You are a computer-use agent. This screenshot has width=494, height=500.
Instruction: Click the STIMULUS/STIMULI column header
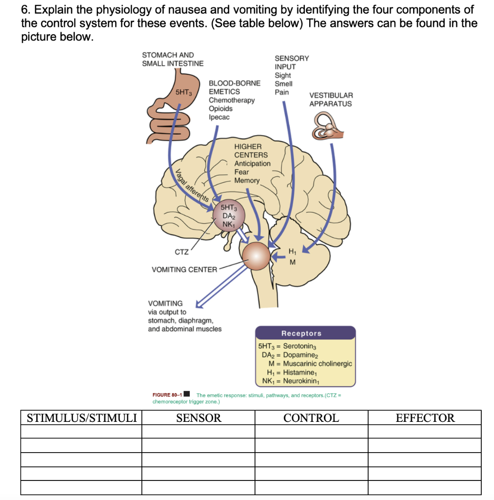point(81,418)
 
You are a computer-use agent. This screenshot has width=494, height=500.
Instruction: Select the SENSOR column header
point(198,418)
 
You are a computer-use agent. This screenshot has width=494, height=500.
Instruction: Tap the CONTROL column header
point(311,418)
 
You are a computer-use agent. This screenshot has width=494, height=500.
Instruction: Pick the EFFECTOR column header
point(425,418)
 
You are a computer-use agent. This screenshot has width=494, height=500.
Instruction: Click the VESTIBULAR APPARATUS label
point(331,100)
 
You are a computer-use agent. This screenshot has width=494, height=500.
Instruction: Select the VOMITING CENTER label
point(184,270)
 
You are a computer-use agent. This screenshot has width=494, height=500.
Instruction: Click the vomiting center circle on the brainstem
point(256,255)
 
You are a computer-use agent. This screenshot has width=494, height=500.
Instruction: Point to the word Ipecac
point(219,117)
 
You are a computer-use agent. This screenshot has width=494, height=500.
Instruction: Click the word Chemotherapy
point(232,100)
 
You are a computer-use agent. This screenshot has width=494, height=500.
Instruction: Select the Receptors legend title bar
point(305,333)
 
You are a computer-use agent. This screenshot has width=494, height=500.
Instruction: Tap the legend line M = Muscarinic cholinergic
point(310,364)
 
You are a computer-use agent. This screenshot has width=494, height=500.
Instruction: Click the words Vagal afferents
point(193,185)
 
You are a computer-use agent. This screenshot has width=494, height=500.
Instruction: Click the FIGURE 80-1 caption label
point(167,395)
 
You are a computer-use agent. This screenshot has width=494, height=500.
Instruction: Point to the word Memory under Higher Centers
point(247,181)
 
